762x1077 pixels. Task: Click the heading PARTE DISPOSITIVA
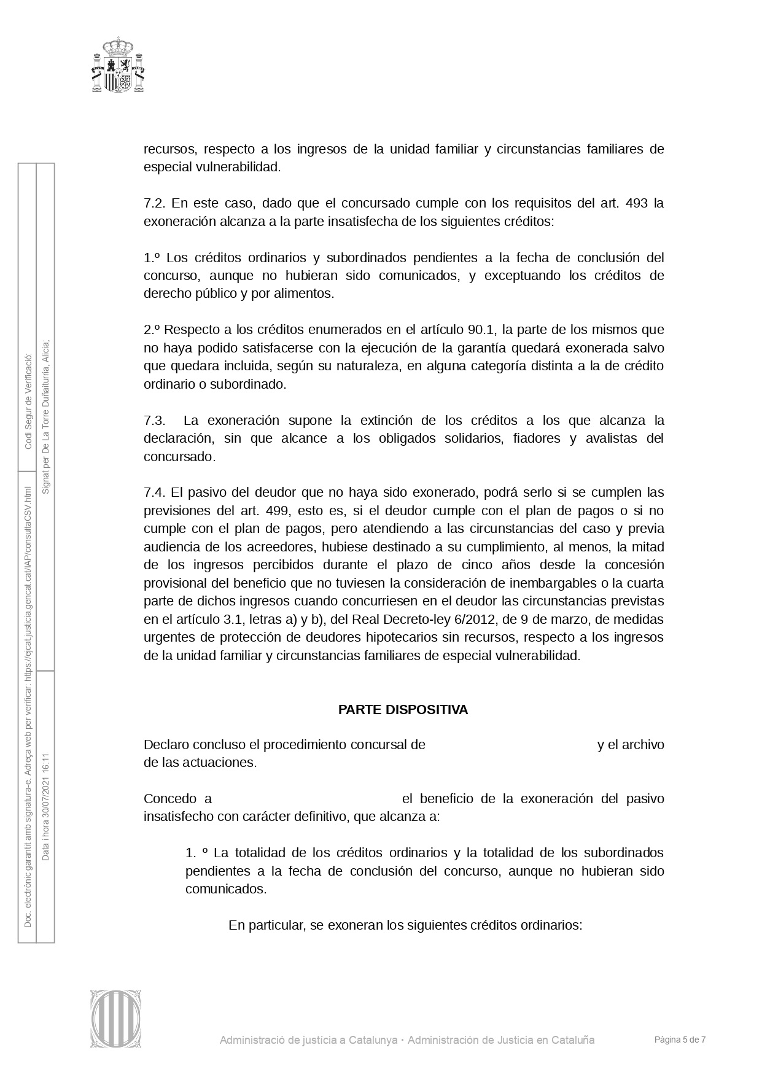click(403, 710)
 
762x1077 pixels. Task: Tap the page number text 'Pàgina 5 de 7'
click(680, 1040)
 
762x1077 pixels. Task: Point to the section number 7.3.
click(155, 421)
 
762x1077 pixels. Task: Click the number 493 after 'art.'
click(636, 203)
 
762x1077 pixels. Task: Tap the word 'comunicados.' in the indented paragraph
click(226, 889)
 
